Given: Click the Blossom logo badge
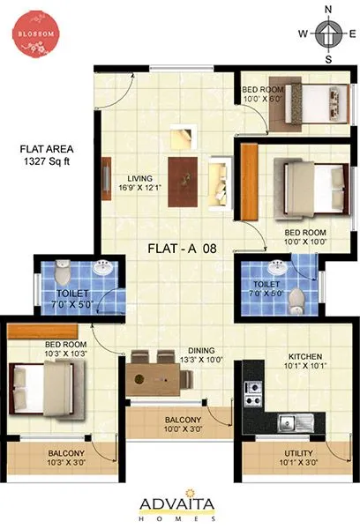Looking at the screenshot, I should pos(34,34).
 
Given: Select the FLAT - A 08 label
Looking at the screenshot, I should pos(184,249).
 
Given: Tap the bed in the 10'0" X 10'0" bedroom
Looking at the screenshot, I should pos(304,185).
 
